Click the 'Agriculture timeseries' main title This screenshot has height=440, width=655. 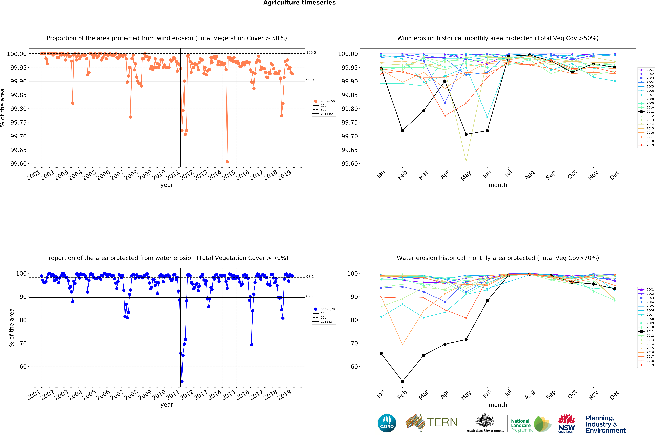click(299, 3)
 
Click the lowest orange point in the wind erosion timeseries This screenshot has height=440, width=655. click(227, 162)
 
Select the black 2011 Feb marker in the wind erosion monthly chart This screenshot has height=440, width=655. click(402, 130)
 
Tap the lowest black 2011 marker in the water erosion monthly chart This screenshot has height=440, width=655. click(402, 381)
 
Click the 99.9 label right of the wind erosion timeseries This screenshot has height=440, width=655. click(310, 80)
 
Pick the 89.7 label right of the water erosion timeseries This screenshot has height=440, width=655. click(310, 296)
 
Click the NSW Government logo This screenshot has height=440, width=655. click(566, 423)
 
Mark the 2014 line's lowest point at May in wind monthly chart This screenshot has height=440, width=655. click(466, 162)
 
